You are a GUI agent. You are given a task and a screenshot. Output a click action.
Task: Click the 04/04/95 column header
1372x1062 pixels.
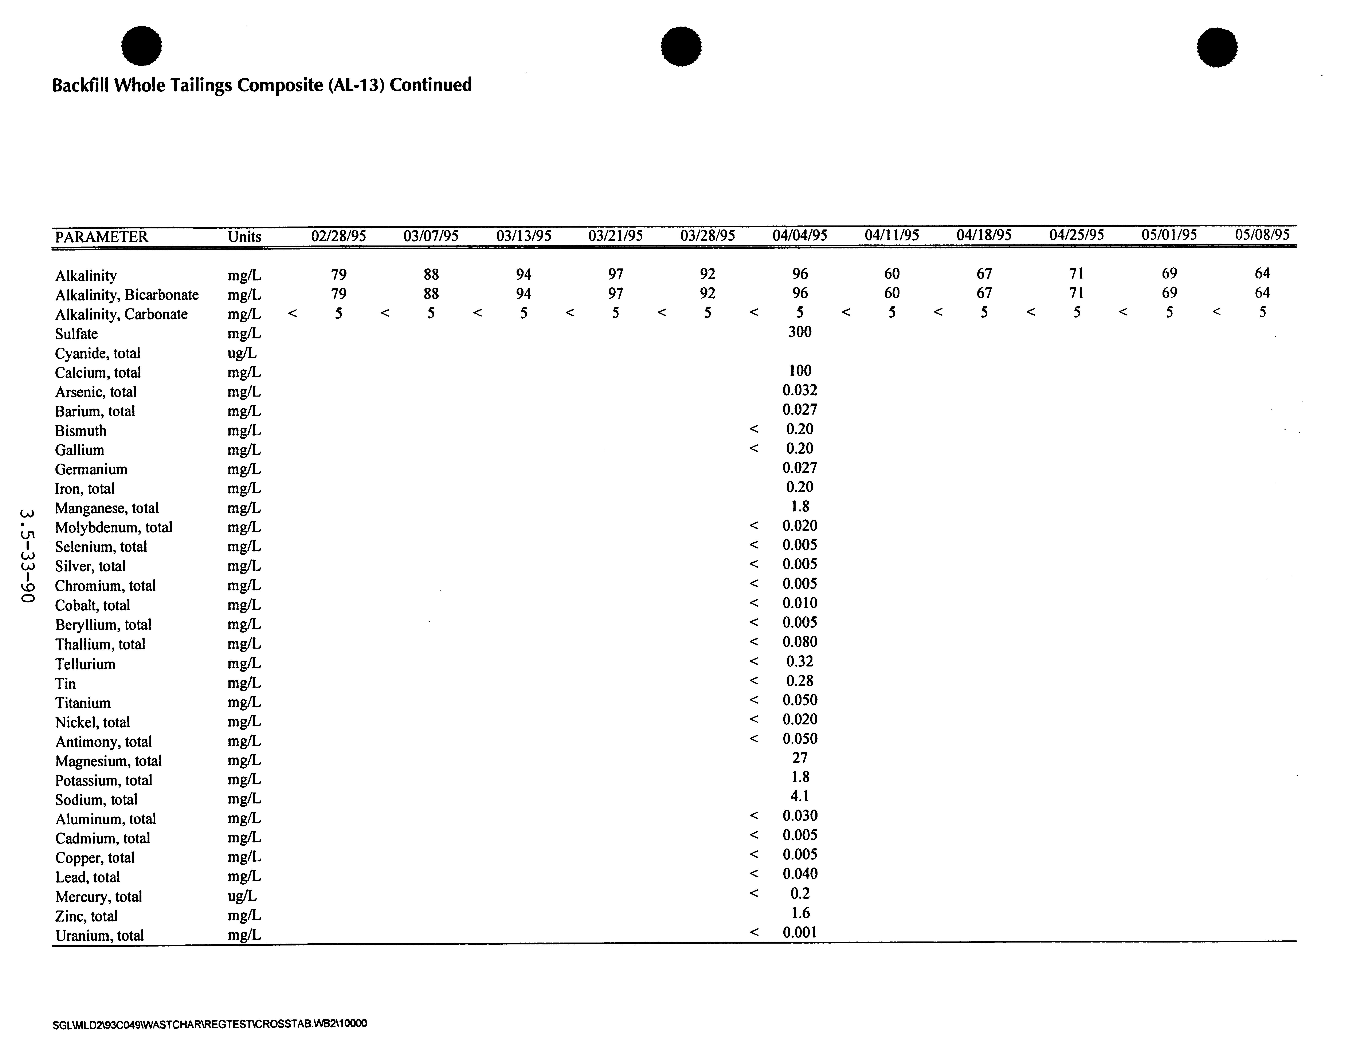800,236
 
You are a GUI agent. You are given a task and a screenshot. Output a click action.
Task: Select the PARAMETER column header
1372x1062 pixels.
101,237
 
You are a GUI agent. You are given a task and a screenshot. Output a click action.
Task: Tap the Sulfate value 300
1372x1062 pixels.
800,332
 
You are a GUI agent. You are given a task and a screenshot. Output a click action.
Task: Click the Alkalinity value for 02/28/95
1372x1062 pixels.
339,274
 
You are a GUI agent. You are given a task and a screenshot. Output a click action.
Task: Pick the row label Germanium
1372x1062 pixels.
91,469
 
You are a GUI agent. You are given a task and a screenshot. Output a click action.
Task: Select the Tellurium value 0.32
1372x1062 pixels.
800,661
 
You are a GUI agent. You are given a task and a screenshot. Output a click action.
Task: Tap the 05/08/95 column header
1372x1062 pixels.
1262,235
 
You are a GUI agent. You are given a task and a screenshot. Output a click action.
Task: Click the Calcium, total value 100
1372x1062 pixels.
800,370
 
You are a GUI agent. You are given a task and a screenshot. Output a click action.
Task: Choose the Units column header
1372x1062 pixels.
244,237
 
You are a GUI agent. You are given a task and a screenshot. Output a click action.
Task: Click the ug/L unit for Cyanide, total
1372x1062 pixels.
242,353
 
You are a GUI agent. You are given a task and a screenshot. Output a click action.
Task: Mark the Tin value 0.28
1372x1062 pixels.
800,681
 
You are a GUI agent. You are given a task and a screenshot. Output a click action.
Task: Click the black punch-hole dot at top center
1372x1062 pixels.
682,47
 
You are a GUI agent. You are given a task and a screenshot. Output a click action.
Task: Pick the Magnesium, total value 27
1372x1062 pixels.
800,758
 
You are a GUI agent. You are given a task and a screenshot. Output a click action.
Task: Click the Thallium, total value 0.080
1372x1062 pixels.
800,642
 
